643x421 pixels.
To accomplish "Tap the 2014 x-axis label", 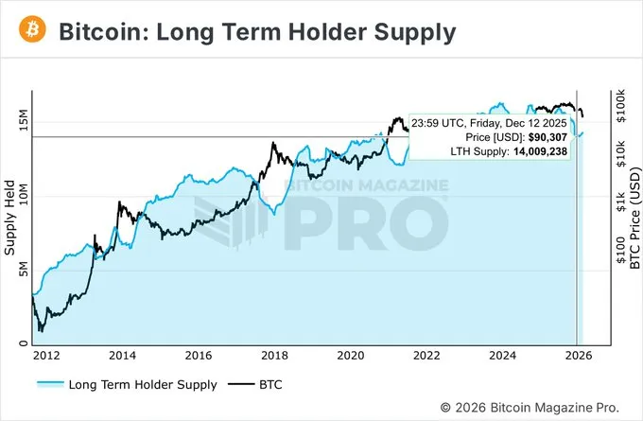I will pyautogui.click(x=121, y=356).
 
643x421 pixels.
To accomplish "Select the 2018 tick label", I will pyautogui.click(x=274, y=356).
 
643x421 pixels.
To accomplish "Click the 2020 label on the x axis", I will pyautogui.click(x=351, y=356).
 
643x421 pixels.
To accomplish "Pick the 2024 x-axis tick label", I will pyautogui.click(x=503, y=356).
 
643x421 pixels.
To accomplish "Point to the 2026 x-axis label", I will pyautogui.click(x=580, y=356).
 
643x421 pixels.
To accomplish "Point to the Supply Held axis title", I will pyautogui.click(x=10, y=219).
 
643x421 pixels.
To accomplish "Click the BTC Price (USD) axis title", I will pyautogui.click(x=635, y=219).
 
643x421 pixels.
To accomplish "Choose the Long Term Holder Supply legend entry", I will pyautogui.click(x=127, y=385).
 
